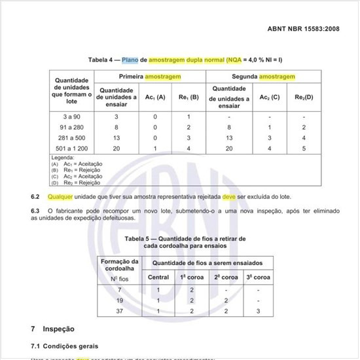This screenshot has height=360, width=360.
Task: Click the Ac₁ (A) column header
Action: [x=155, y=97]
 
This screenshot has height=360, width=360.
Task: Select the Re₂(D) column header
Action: [x=302, y=97]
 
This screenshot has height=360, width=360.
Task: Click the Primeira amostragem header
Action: [x=150, y=77]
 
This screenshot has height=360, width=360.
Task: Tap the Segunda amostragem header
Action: [x=263, y=77]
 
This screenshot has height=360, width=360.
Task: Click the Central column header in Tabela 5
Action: [x=158, y=277]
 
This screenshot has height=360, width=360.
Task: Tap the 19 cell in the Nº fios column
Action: [x=120, y=300]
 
